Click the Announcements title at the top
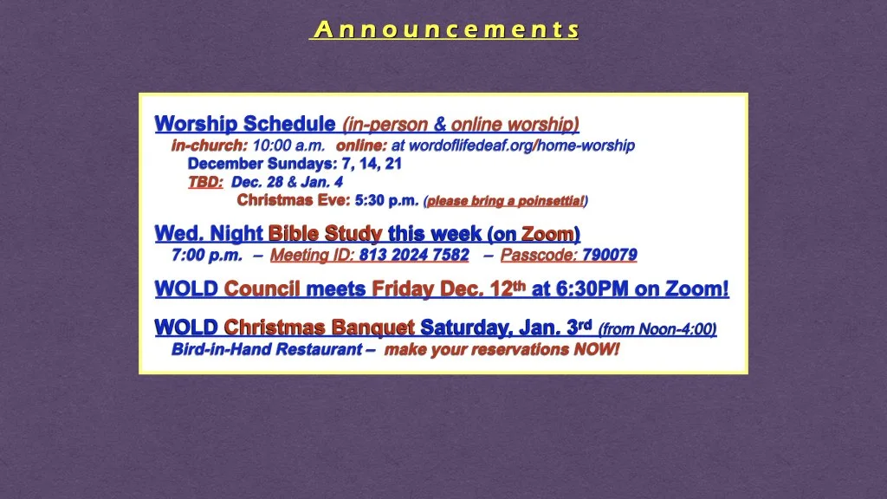[445, 30]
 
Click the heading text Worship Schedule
[245, 124]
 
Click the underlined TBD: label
[205, 183]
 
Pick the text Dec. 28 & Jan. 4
[288, 183]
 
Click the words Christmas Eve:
[294, 201]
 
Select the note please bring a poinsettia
[505, 202]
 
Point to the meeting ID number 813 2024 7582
[414, 256]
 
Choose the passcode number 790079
[610, 256]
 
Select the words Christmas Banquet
[319, 328]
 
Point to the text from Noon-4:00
[657, 329]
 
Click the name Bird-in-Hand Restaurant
[266, 350]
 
